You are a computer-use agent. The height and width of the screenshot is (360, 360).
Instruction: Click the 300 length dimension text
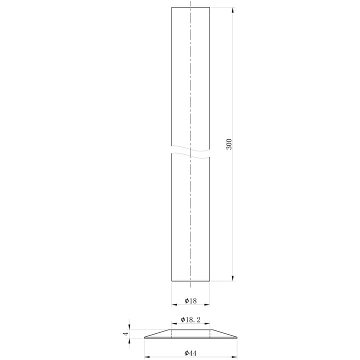pyautogui.click(x=228, y=145)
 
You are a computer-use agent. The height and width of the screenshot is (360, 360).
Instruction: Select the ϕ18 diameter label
pyautogui.click(x=190, y=300)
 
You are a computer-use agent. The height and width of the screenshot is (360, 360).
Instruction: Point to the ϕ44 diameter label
pyautogui.click(x=190, y=353)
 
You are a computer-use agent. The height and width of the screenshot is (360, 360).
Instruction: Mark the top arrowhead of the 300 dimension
pyautogui.click(x=233, y=9)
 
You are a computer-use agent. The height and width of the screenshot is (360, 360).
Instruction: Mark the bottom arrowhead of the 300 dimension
pyautogui.click(x=233, y=279)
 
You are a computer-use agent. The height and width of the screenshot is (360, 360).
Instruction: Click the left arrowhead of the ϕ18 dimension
pyautogui.click(x=173, y=304)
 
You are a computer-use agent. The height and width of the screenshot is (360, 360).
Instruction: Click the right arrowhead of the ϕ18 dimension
pyautogui.click(x=207, y=304)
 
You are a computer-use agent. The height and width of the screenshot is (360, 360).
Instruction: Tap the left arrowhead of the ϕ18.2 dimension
pyautogui.click(x=173, y=323)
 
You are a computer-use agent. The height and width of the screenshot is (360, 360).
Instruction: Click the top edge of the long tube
pyautogui.click(x=190, y=7)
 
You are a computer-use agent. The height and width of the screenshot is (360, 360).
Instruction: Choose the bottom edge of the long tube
pyautogui.click(x=190, y=281)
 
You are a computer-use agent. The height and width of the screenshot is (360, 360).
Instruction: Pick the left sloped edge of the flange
pyautogui.click(x=157, y=333)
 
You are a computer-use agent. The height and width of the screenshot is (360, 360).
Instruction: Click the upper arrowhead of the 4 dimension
pyautogui.click(x=130, y=327)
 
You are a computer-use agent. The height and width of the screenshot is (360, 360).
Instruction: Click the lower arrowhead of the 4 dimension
pyautogui.click(x=130, y=340)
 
